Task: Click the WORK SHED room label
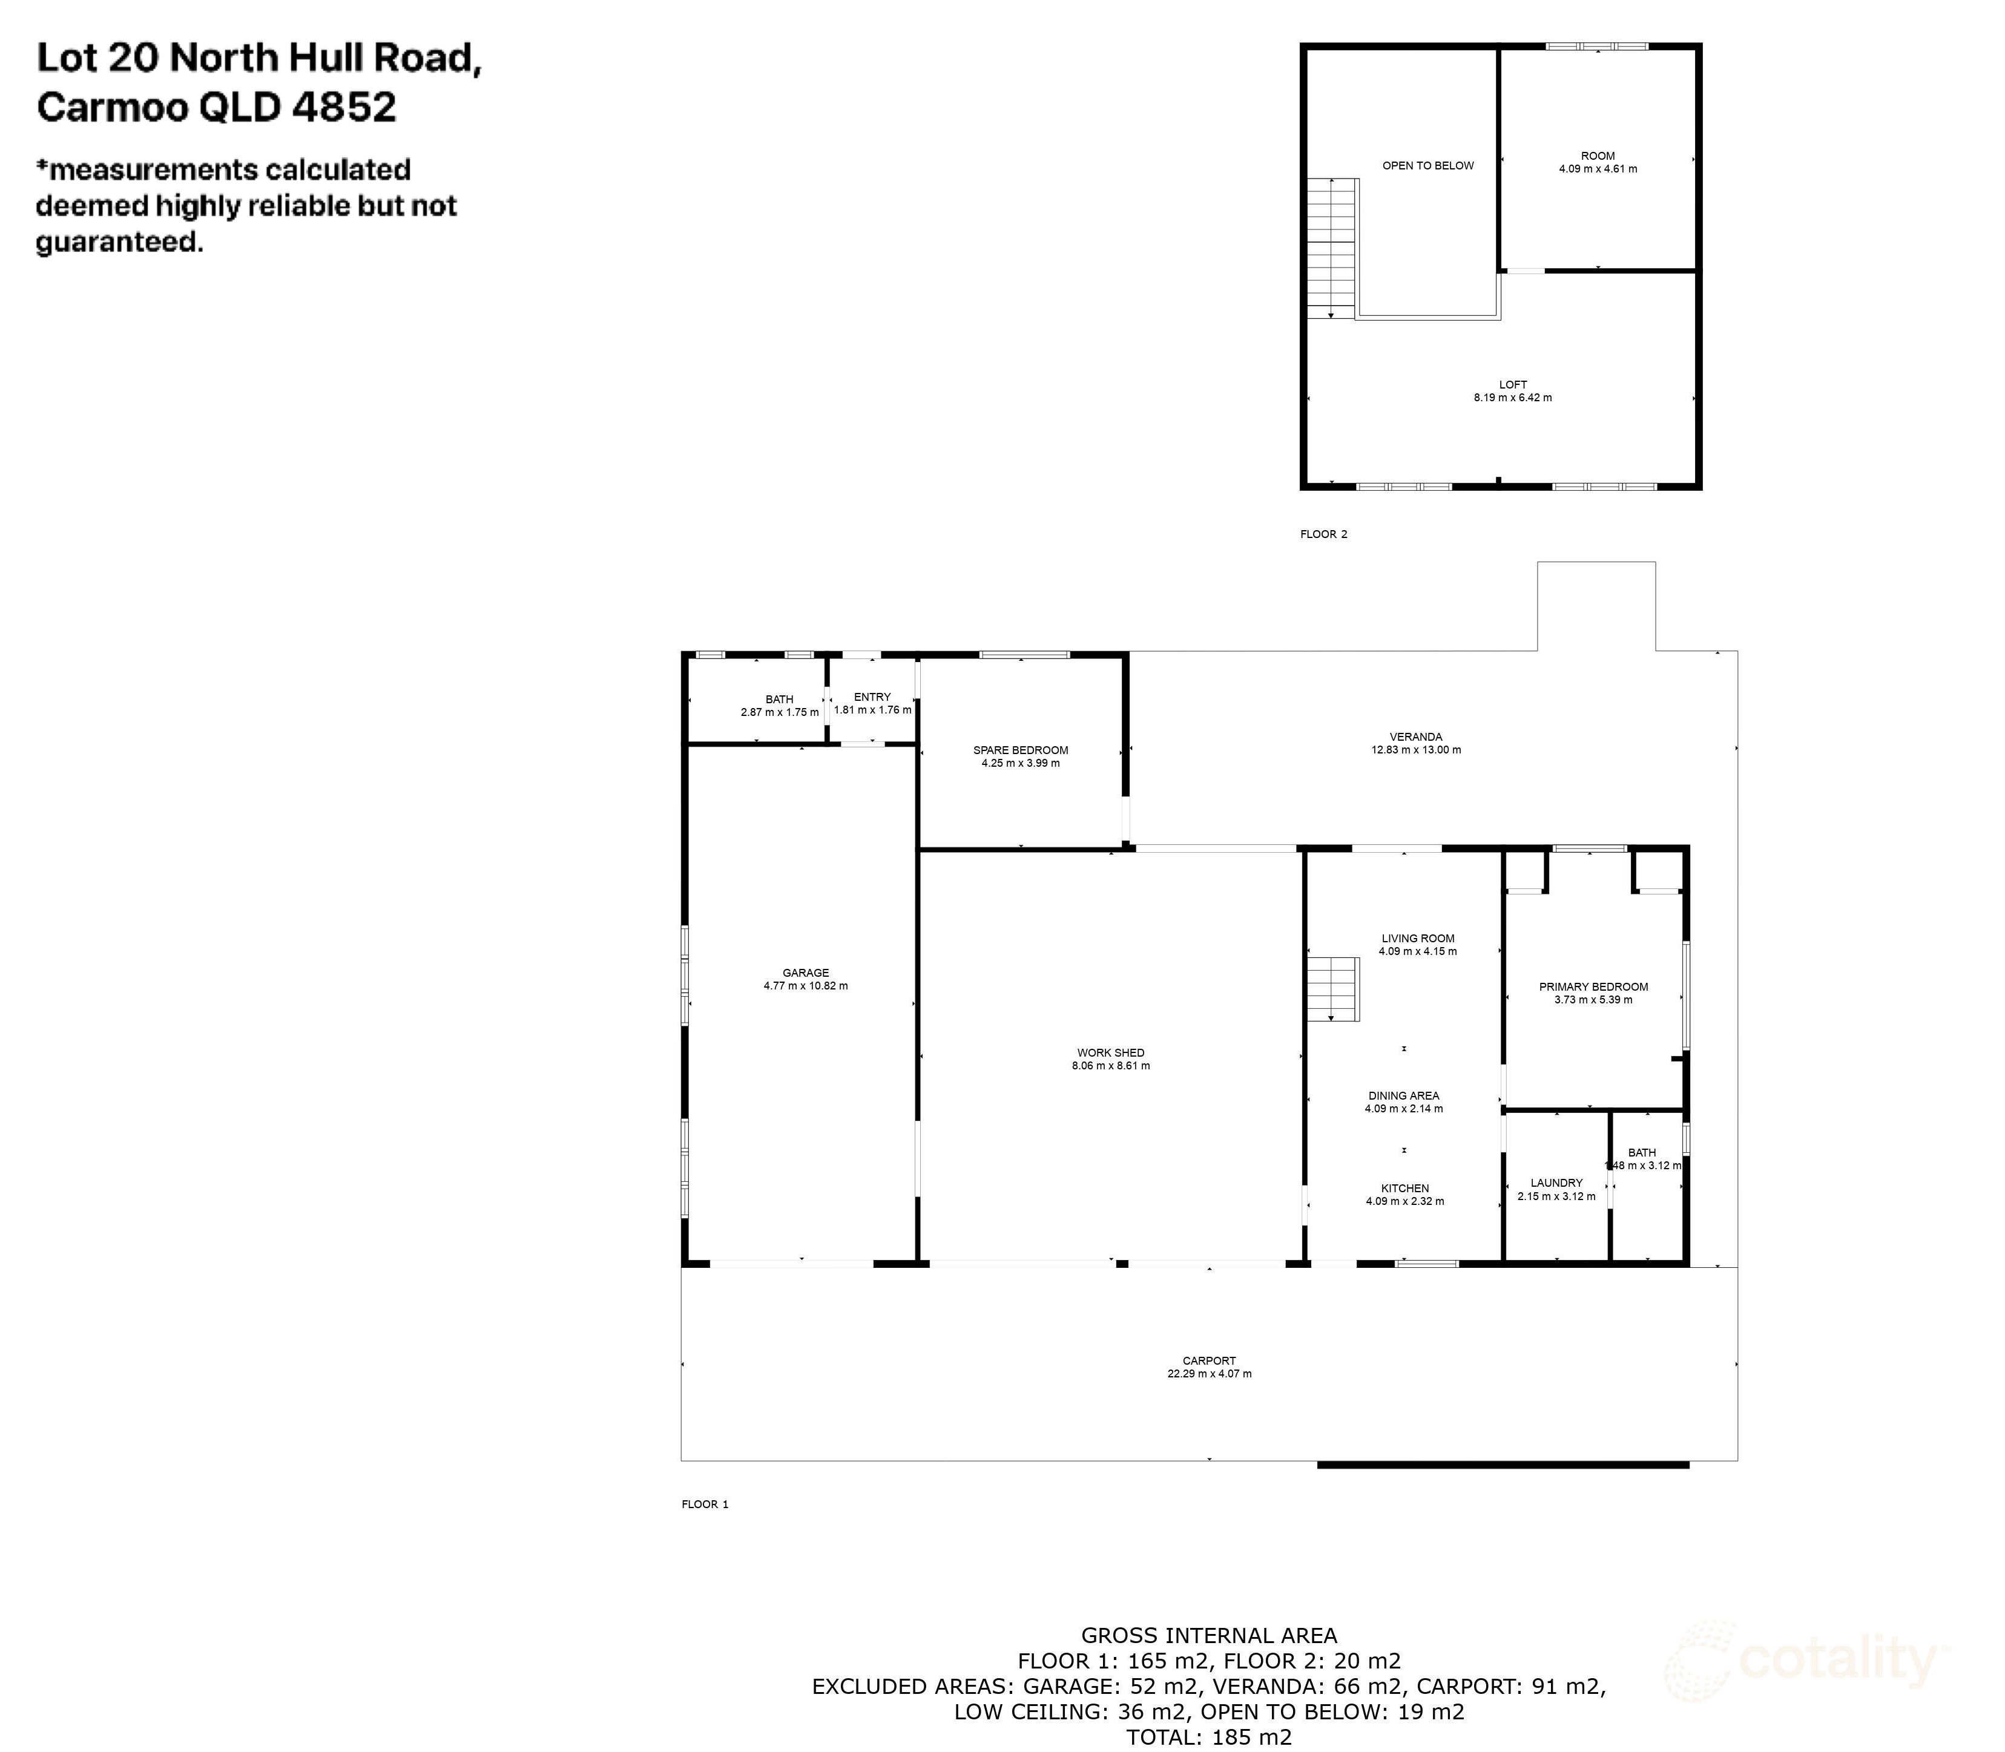click(1110, 1053)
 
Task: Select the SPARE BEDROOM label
click(1020, 750)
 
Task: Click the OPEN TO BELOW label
click(1427, 165)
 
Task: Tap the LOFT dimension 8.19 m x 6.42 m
click(1512, 398)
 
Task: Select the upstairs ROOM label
click(1597, 156)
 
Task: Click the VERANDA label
click(1415, 736)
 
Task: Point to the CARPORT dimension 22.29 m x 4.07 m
click(1209, 1374)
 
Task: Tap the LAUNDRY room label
click(1556, 1183)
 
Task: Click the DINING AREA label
click(1403, 1096)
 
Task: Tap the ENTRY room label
click(872, 697)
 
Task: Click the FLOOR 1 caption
click(704, 1504)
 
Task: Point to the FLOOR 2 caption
click(1323, 534)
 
